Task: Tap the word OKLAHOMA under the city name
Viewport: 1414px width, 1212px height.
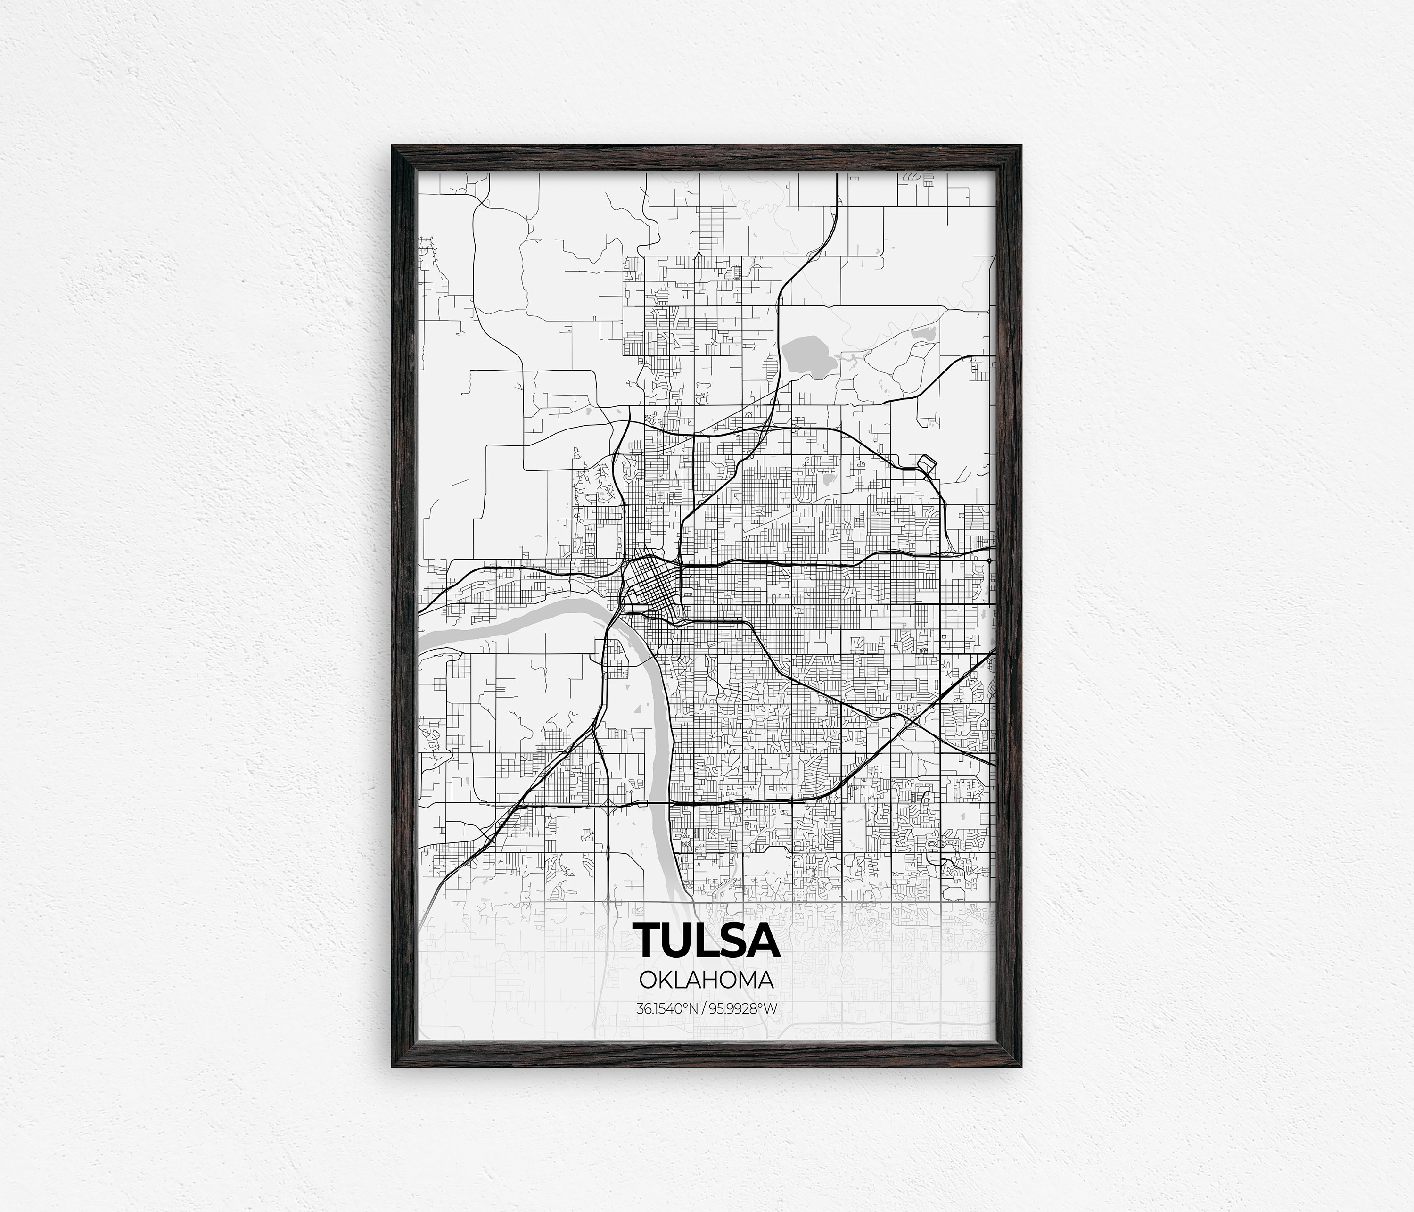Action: point(707,981)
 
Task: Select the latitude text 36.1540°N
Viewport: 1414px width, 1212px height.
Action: point(666,1009)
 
